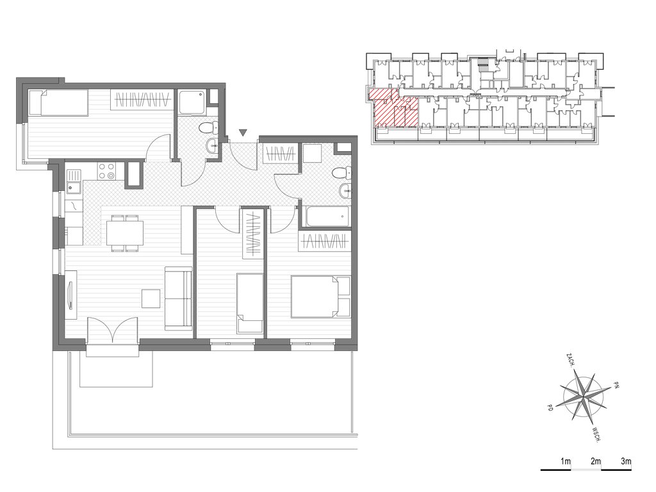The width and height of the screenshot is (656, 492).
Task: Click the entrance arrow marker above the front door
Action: (x=243, y=133)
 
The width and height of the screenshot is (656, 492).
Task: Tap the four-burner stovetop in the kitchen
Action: (x=106, y=171)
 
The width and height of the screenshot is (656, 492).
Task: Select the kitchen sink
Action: (x=74, y=183)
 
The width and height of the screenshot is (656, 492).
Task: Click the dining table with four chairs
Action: (x=125, y=233)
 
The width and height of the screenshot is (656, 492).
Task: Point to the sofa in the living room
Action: (x=179, y=297)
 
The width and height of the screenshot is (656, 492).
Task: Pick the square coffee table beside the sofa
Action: (x=151, y=299)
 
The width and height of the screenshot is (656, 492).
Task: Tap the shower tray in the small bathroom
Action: (x=192, y=102)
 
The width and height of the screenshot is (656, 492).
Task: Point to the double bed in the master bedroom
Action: (x=320, y=296)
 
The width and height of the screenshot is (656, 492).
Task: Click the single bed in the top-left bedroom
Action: (x=58, y=102)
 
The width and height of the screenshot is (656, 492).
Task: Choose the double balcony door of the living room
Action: (x=113, y=330)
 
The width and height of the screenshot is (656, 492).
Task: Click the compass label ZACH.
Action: (x=570, y=360)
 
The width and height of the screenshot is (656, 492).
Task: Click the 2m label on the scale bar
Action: (x=595, y=461)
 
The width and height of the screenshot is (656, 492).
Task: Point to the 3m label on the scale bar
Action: (x=626, y=461)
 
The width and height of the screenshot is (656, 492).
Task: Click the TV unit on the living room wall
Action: (x=71, y=295)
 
